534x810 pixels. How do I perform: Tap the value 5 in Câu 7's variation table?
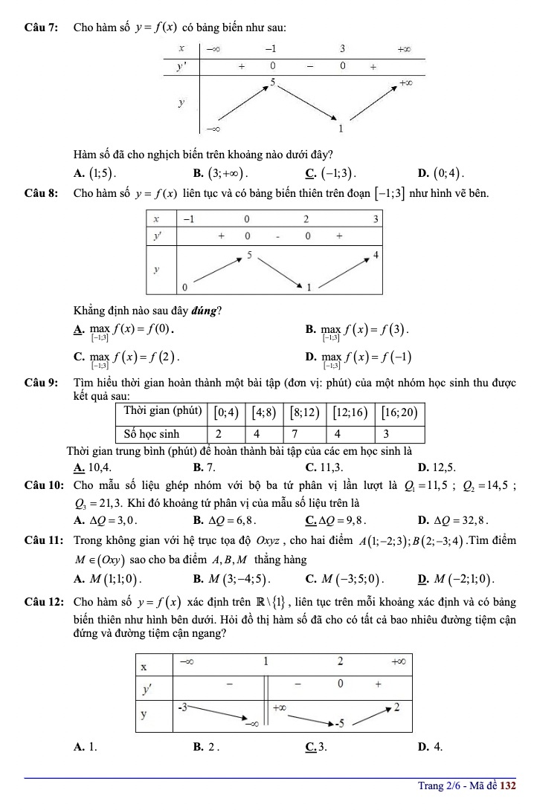[274, 82]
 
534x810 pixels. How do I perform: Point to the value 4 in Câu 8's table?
[376, 255]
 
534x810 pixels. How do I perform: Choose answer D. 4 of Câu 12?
[431, 746]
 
